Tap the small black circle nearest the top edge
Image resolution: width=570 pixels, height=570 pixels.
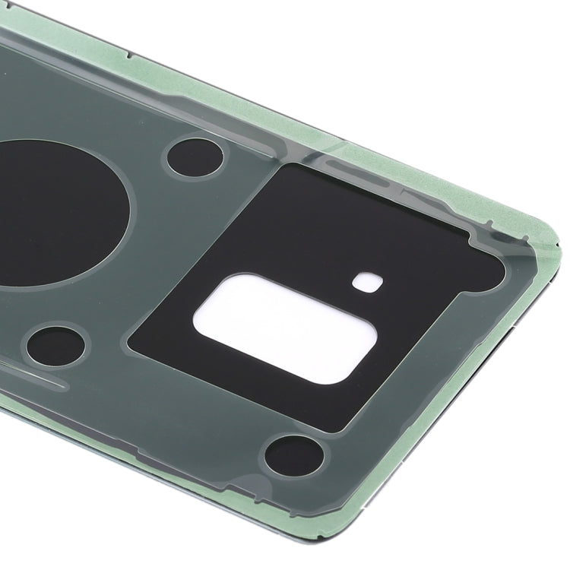click(195, 158)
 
